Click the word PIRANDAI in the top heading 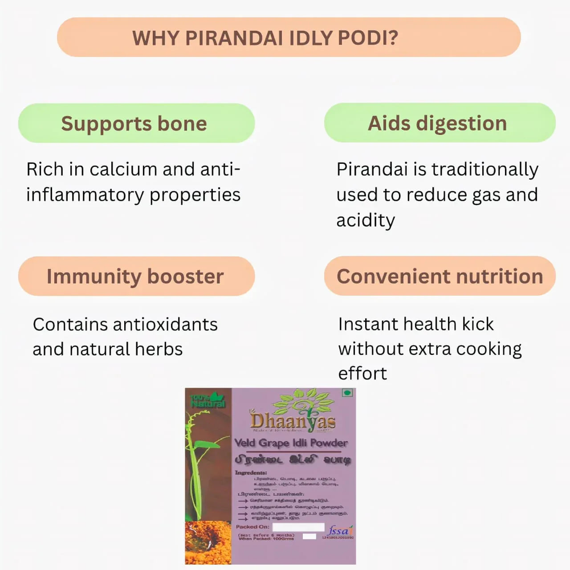point(234,38)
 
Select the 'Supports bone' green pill point(136,123)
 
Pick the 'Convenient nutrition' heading point(440,276)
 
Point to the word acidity point(366,220)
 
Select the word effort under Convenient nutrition point(362,373)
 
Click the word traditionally point(485,169)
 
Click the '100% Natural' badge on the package point(208,400)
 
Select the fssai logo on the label point(339,530)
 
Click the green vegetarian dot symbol point(347,392)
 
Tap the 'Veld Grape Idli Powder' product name point(291,443)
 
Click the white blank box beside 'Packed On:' point(298,527)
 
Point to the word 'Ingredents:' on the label point(251,472)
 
